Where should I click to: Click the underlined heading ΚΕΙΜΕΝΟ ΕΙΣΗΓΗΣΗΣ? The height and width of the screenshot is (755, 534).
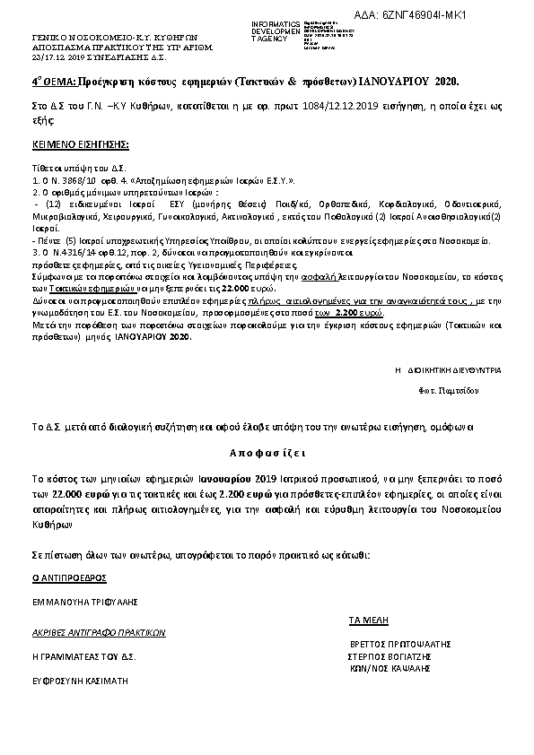click(81, 143)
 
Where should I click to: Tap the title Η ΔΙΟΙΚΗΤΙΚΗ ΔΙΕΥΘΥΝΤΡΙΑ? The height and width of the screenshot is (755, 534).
click(448, 369)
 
